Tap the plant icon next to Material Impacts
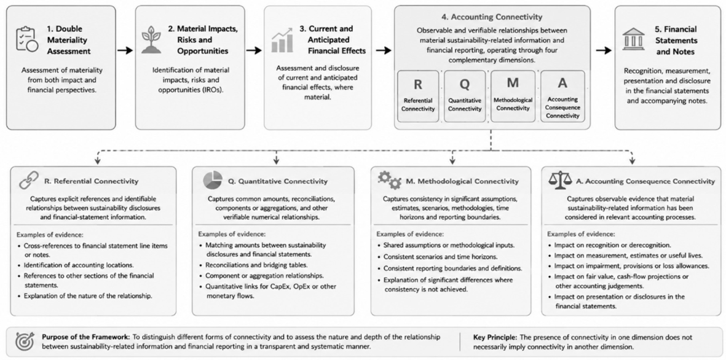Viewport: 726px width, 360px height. (x=151, y=41)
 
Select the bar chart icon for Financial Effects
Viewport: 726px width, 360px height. (x=282, y=40)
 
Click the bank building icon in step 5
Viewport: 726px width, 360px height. (x=633, y=39)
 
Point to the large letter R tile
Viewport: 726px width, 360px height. (x=418, y=96)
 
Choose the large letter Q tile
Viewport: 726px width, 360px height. (x=465, y=96)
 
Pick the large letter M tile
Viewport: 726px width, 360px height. (x=513, y=96)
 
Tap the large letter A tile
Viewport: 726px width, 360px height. (x=562, y=96)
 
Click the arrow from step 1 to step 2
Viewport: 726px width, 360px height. (x=125, y=50)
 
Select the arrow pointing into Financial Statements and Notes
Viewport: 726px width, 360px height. (x=604, y=50)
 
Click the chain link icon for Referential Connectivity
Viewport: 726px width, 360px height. (x=29, y=180)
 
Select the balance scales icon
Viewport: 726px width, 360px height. (x=560, y=181)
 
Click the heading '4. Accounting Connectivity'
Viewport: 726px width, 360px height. (x=492, y=17)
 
